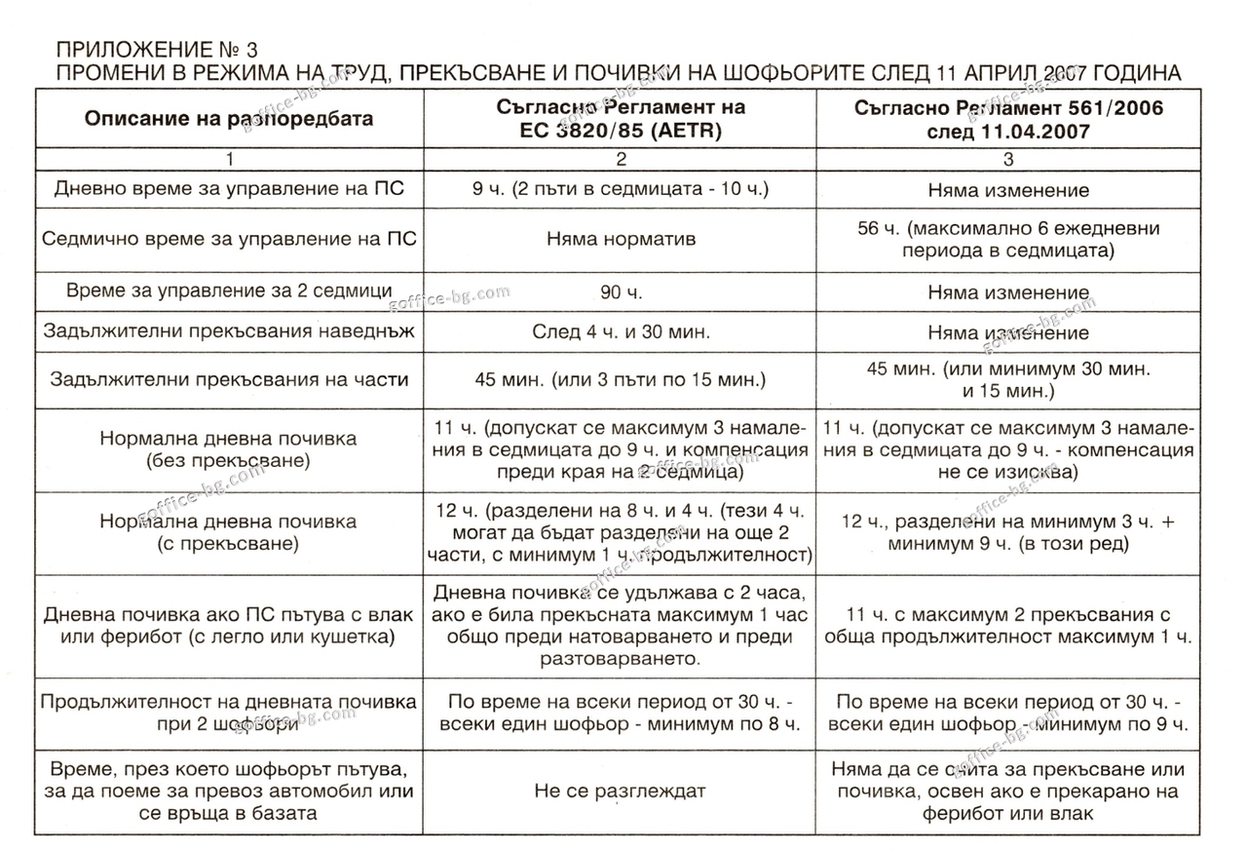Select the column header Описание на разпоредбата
click(x=229, y=119)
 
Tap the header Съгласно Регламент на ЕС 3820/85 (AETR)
click(x=619, y=119)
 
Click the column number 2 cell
click(x=620, y=160)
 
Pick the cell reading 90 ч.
click(x=620, y=291)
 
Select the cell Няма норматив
click(x=620, y=239)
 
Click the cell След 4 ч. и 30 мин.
click(x=620, y=332)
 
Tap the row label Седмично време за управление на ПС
click(x=229, y=239)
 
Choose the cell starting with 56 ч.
click(x=1007, y=239)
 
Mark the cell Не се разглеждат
click(x=620, y=791)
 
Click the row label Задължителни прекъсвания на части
click(x=229, y=380)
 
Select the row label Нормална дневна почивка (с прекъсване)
click(x=229, y=532)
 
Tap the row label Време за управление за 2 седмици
click(x=229, y=291)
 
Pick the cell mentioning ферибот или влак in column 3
click(x=1007, y=791)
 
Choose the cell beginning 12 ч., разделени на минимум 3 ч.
click(x=1007, y=532)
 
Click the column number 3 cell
click(x=1007, y=160)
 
